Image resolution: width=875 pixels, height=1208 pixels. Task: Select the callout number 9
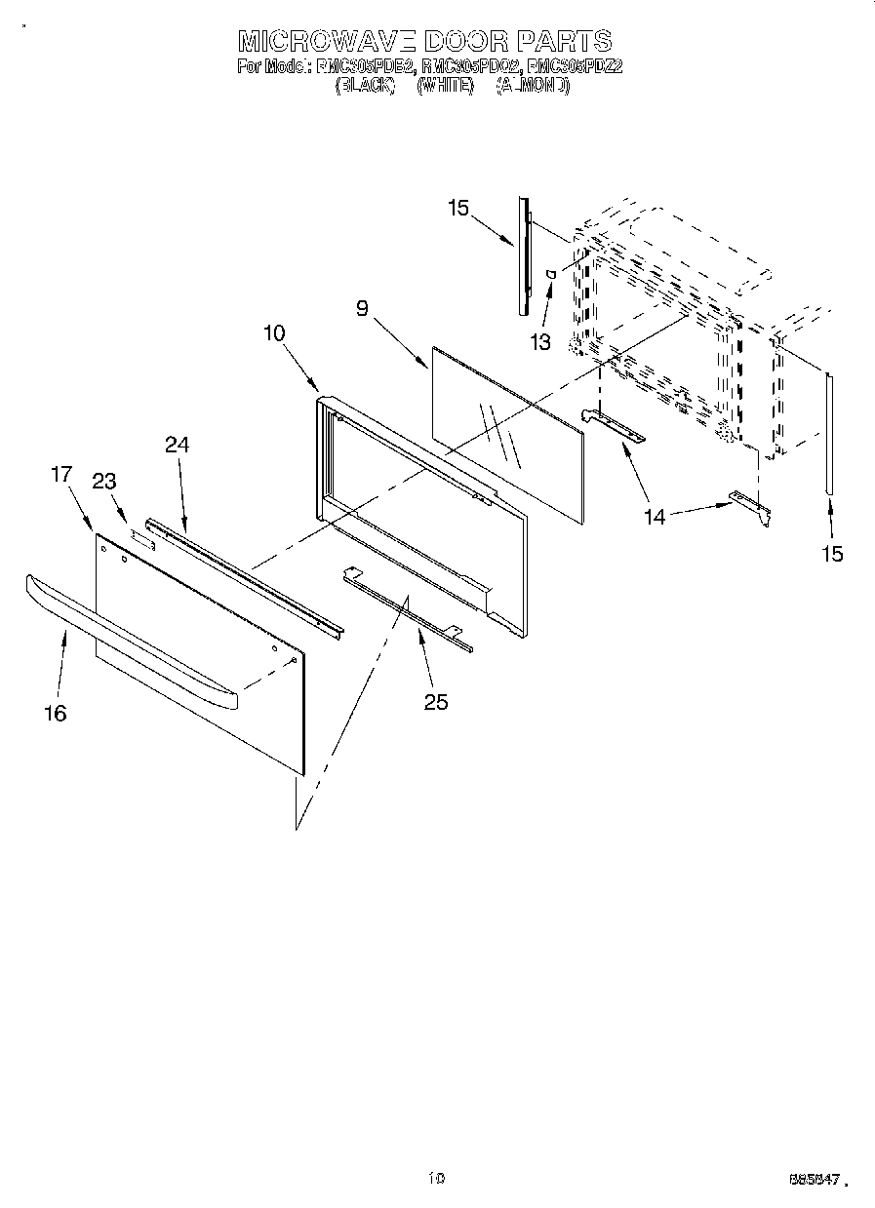coord(362,309)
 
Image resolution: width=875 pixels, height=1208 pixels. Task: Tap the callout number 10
coord(273,332)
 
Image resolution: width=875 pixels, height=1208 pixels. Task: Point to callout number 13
coord(539,341)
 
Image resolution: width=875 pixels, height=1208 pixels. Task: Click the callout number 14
coord(655,517)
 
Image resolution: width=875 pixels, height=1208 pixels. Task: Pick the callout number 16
coord(56,713)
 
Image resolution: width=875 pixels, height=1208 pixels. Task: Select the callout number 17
coord(60,474)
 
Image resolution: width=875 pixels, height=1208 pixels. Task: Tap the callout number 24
coord(177,445)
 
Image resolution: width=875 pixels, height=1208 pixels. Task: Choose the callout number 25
coord(436,701)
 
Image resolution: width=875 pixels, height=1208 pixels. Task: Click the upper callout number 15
coord(458,207)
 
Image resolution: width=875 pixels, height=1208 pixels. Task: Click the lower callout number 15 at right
coord(832,554)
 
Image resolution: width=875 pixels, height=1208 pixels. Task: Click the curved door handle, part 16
coord(127,640)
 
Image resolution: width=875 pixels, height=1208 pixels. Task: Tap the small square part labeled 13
coord(551,276)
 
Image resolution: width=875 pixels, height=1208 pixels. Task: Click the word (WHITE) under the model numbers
coord(444,86)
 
